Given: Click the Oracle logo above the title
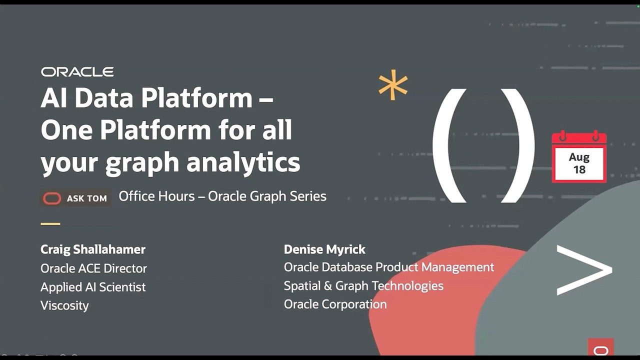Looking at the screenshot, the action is pos(77,72).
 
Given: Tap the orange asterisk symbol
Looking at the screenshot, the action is pos(393,85).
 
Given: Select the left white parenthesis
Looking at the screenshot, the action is pos(449,145).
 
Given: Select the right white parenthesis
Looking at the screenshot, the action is pos(518,145).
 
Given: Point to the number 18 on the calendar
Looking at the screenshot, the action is pos(579,169).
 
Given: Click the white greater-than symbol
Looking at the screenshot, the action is pos(584,270).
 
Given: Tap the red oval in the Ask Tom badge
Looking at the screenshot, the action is pos(51,198).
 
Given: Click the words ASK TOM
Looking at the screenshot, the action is pos(87,198).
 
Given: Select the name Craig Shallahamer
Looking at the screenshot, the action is pos(93,249).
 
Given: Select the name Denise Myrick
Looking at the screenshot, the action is pos(324,249).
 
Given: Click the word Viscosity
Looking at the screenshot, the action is pos(64,305).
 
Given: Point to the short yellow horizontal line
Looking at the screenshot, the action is pos(50,224).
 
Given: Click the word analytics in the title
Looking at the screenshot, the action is pos(243,162).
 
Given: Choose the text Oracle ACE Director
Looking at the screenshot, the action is pos(93,268).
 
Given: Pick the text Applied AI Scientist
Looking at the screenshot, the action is pos(93,287).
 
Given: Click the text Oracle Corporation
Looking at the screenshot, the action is pos(335,304).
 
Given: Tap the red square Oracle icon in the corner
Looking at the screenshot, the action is pos(600,347).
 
